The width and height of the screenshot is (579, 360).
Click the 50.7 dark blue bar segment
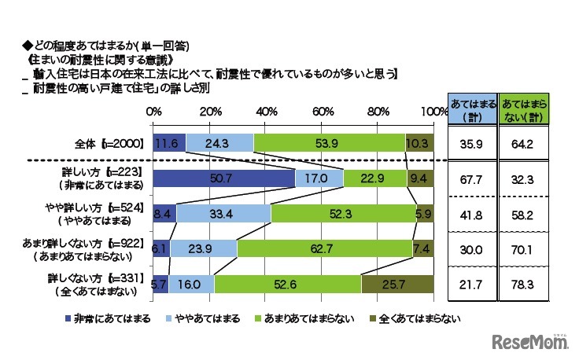pyautogui.click(x=223, y=178)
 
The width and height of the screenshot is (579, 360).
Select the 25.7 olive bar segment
pyautogui.click(x=398, y=284)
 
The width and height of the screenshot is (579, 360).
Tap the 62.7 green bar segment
pyautogui.click(x=326, y=248)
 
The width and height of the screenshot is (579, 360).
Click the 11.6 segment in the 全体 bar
pyautogui.click(x=168, y=142)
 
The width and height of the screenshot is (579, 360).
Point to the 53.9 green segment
pyautogui.click(x=329, y=142)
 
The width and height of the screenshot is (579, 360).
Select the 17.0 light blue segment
pyautogui.click(x=319, y=178)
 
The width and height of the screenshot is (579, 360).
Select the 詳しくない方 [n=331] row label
pyautogui.click(x=97, y=278)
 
